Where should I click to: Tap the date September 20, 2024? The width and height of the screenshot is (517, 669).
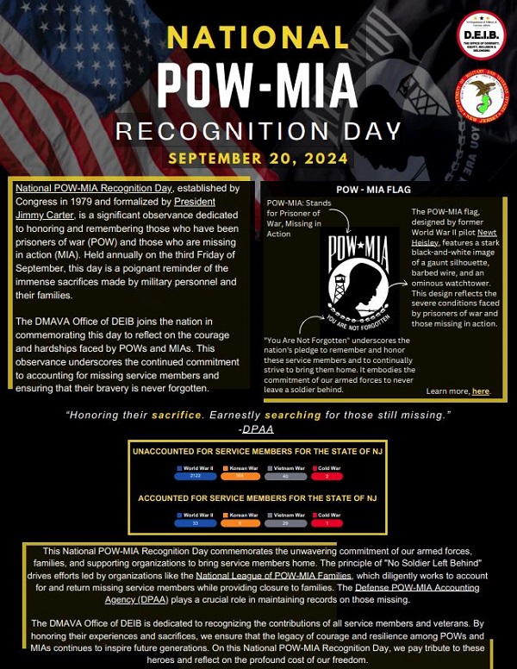[258, 159]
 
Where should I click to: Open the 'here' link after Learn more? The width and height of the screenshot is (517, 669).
[482, 391]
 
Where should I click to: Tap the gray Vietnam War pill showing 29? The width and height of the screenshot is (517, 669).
[285, 524]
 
